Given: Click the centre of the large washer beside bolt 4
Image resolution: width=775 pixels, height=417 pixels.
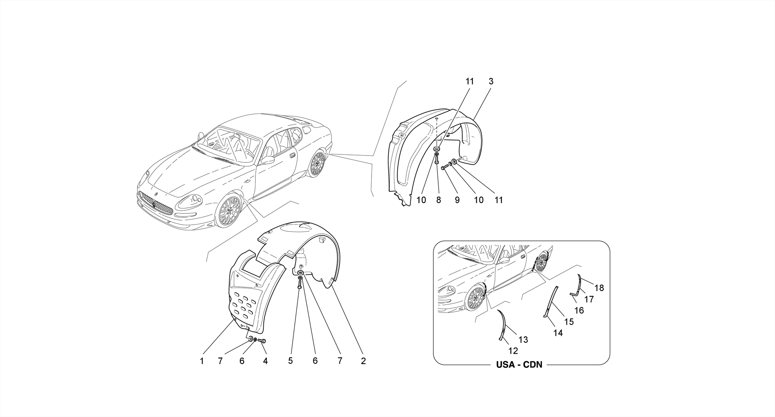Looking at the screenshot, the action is (x=250, y=338).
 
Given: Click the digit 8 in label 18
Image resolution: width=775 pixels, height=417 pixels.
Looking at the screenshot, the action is (x=601, y=288).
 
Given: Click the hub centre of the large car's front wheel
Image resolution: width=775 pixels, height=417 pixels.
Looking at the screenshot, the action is (x=229, y=211).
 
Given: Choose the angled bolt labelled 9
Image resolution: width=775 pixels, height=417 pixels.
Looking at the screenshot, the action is (x=445, y=166).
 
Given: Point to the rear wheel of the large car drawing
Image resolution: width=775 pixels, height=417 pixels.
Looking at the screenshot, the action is (x=317, y=164).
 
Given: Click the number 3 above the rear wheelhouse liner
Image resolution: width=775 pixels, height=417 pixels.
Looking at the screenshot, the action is (x=491, y=81).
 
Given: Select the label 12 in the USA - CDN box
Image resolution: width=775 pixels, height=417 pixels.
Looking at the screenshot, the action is (x=513, y=351).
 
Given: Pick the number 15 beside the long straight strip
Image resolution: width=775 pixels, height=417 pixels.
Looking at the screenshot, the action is (x=569, y=322).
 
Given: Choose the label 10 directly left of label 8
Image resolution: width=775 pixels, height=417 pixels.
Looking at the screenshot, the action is (x=421, y=200).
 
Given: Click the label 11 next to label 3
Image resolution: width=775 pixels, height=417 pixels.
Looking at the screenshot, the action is (x=469, y=81).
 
